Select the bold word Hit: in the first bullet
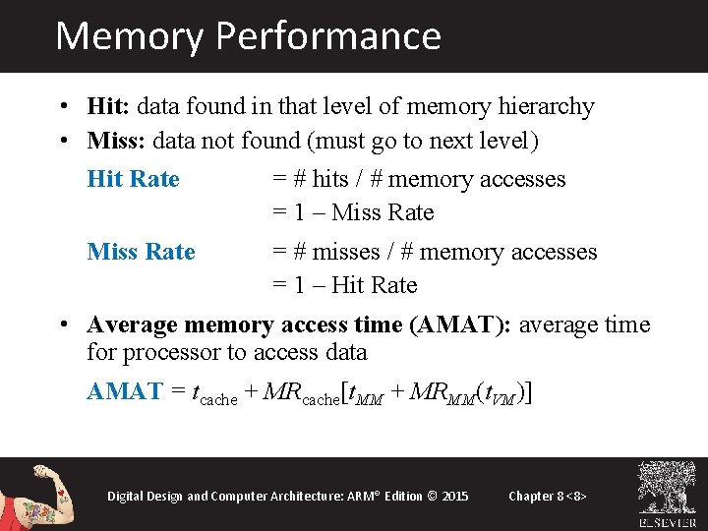point(109,106)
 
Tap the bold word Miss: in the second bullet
point(116,142)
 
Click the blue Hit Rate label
point(133,179)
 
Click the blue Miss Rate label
point(141,252)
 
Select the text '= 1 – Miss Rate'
point(352,212)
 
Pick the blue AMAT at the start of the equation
point(124,390)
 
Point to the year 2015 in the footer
point(455,496)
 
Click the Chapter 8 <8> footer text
point(548,496)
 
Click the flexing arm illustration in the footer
point(33,495)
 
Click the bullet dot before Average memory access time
point(62,324)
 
